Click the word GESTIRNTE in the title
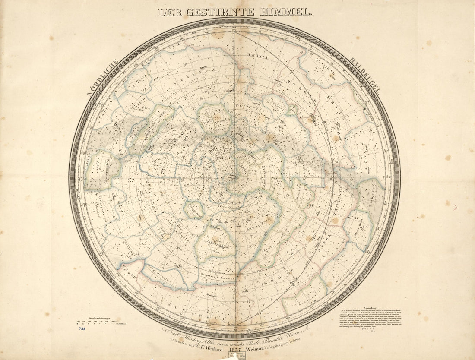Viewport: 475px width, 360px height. pos(220,12)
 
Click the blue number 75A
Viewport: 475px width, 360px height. pos(82,329)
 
